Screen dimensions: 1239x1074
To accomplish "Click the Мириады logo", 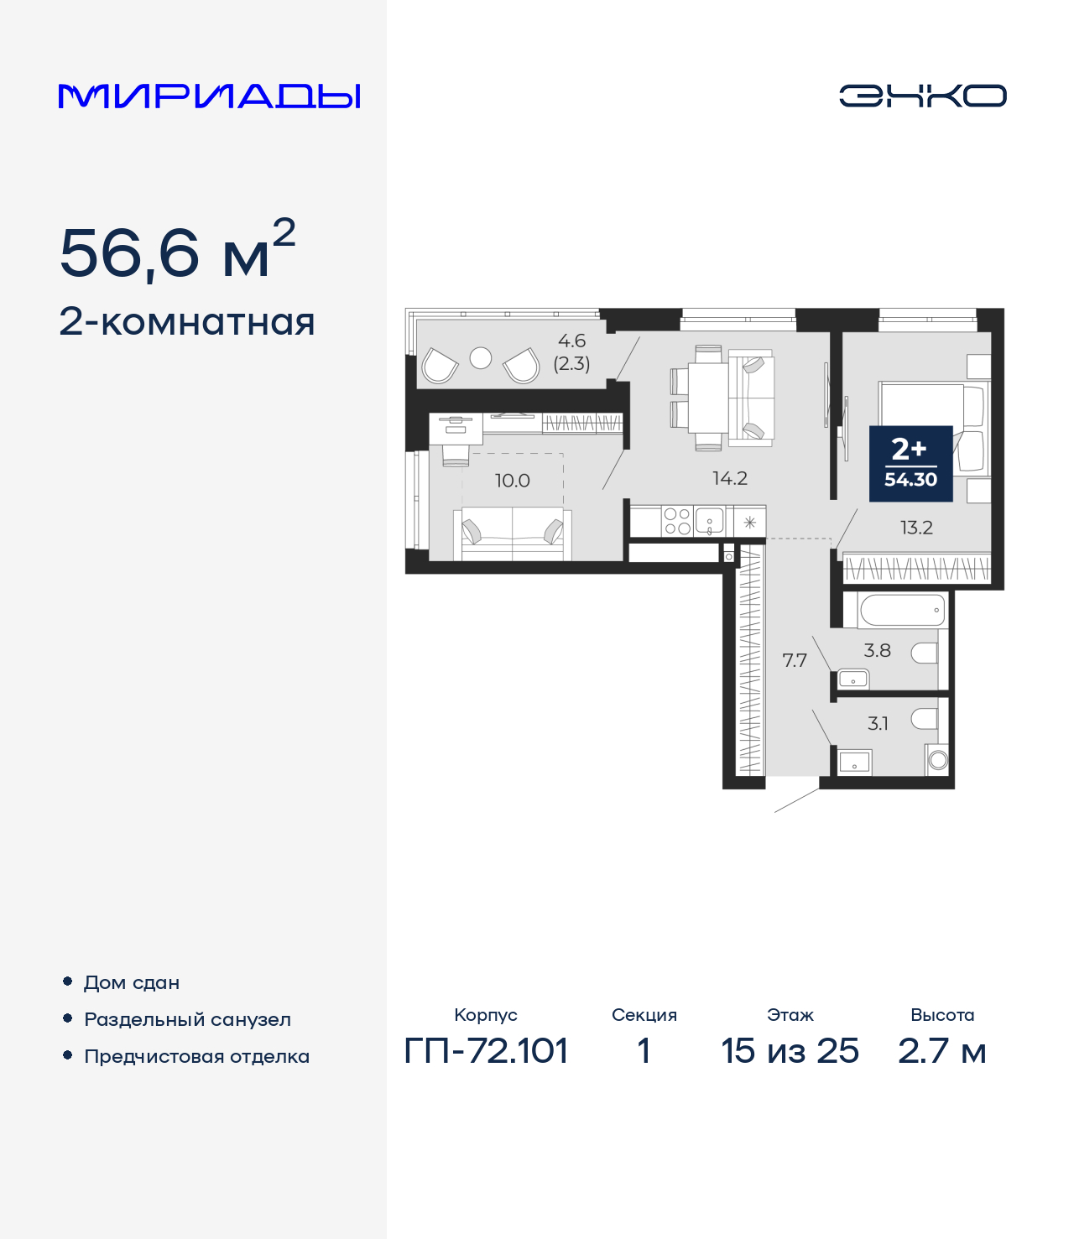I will [209, 96].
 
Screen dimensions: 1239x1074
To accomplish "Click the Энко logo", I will [922, 96].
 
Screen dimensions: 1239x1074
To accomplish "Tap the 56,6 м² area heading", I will [177, 251].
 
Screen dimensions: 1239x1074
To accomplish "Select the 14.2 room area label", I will [729, 478].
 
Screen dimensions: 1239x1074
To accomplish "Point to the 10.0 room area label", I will [512, 481].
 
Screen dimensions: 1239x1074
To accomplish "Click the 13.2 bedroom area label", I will [916, 528].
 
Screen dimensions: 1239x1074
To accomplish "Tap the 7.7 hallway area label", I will [795, 660].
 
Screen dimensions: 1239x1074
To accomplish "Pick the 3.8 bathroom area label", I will [877, 650].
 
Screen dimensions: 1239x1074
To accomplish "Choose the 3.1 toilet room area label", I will [878, 723].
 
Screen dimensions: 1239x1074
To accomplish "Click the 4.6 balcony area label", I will [571, 341].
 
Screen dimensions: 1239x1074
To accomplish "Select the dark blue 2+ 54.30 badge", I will [910, 463].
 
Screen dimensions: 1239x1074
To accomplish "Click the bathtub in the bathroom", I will [902, 610].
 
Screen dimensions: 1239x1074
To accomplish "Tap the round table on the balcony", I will [481, 358].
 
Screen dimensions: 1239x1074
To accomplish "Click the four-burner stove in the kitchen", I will [677, 521].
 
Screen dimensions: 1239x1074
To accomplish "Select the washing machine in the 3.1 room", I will [938, 760].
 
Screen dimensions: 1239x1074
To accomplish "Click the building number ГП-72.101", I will [486, 1050].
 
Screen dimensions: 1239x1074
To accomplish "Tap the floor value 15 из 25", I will [790, 1050].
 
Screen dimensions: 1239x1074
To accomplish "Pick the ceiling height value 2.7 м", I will [941, 1050].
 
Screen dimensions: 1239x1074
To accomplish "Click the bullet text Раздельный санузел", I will [187, 1019].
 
